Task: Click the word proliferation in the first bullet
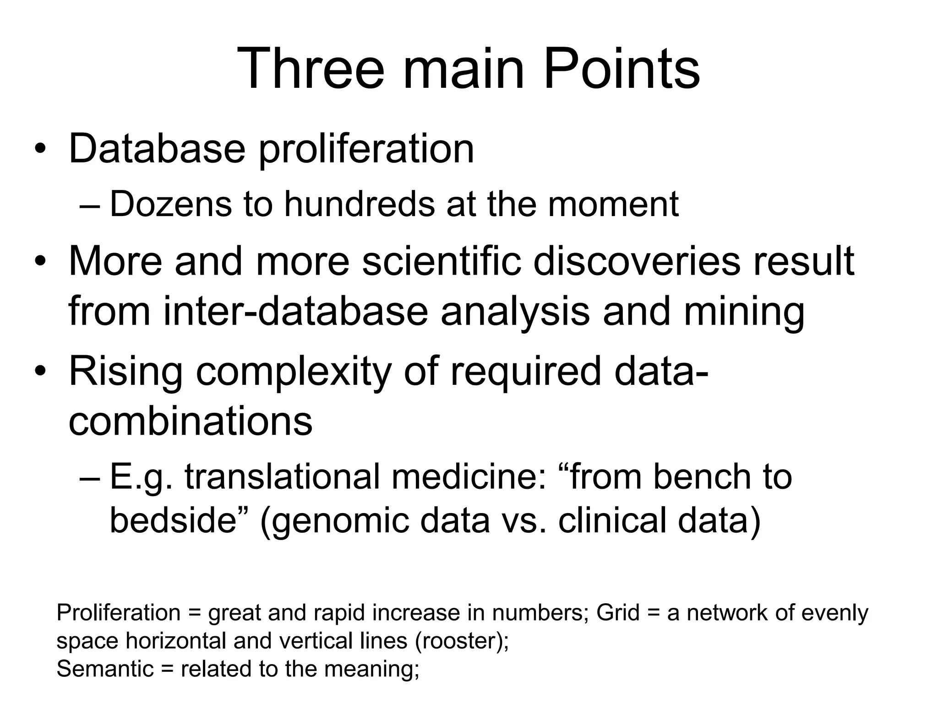[x=366, y=150]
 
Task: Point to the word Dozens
[x=170, y=204]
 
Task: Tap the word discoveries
[x=637, y=261]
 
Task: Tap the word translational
[x=282, y=477]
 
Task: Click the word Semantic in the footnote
[x=105, y=669]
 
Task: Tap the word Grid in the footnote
[x=618, y=613]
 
